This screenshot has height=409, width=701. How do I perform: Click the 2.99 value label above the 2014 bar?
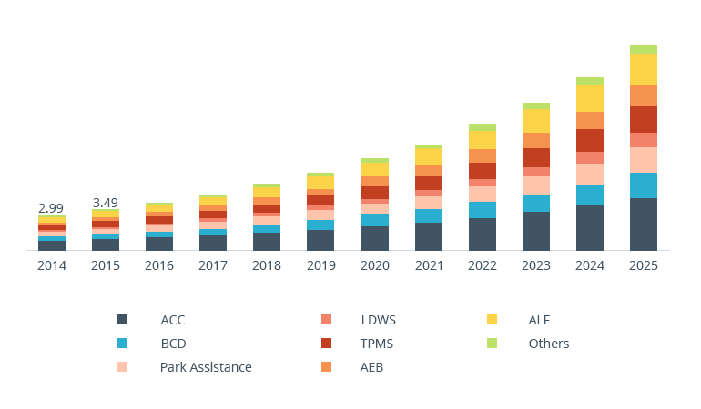51,208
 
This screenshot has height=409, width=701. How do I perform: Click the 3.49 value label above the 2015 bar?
105,202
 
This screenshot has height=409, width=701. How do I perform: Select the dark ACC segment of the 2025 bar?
643,224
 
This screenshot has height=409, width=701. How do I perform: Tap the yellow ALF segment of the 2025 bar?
643,69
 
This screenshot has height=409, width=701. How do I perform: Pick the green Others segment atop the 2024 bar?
589,81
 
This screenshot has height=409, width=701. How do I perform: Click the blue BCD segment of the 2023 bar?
535,203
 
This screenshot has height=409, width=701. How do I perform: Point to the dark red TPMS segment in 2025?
643,119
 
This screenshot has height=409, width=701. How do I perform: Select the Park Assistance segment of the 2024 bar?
589,174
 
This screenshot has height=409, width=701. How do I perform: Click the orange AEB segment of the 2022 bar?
482,155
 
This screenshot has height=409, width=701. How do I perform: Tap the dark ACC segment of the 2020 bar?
374,238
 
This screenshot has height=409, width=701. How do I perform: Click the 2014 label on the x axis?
51,265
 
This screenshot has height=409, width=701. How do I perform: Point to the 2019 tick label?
320,265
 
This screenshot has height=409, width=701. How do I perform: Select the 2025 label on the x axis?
643,265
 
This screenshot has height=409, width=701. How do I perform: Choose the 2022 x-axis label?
482,265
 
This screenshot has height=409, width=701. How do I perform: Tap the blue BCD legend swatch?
121,344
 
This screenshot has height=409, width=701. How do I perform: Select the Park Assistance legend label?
206,367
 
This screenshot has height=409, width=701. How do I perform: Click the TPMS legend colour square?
326,344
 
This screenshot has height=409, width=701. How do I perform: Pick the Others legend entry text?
548,344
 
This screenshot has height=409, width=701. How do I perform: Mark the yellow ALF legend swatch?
492,320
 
